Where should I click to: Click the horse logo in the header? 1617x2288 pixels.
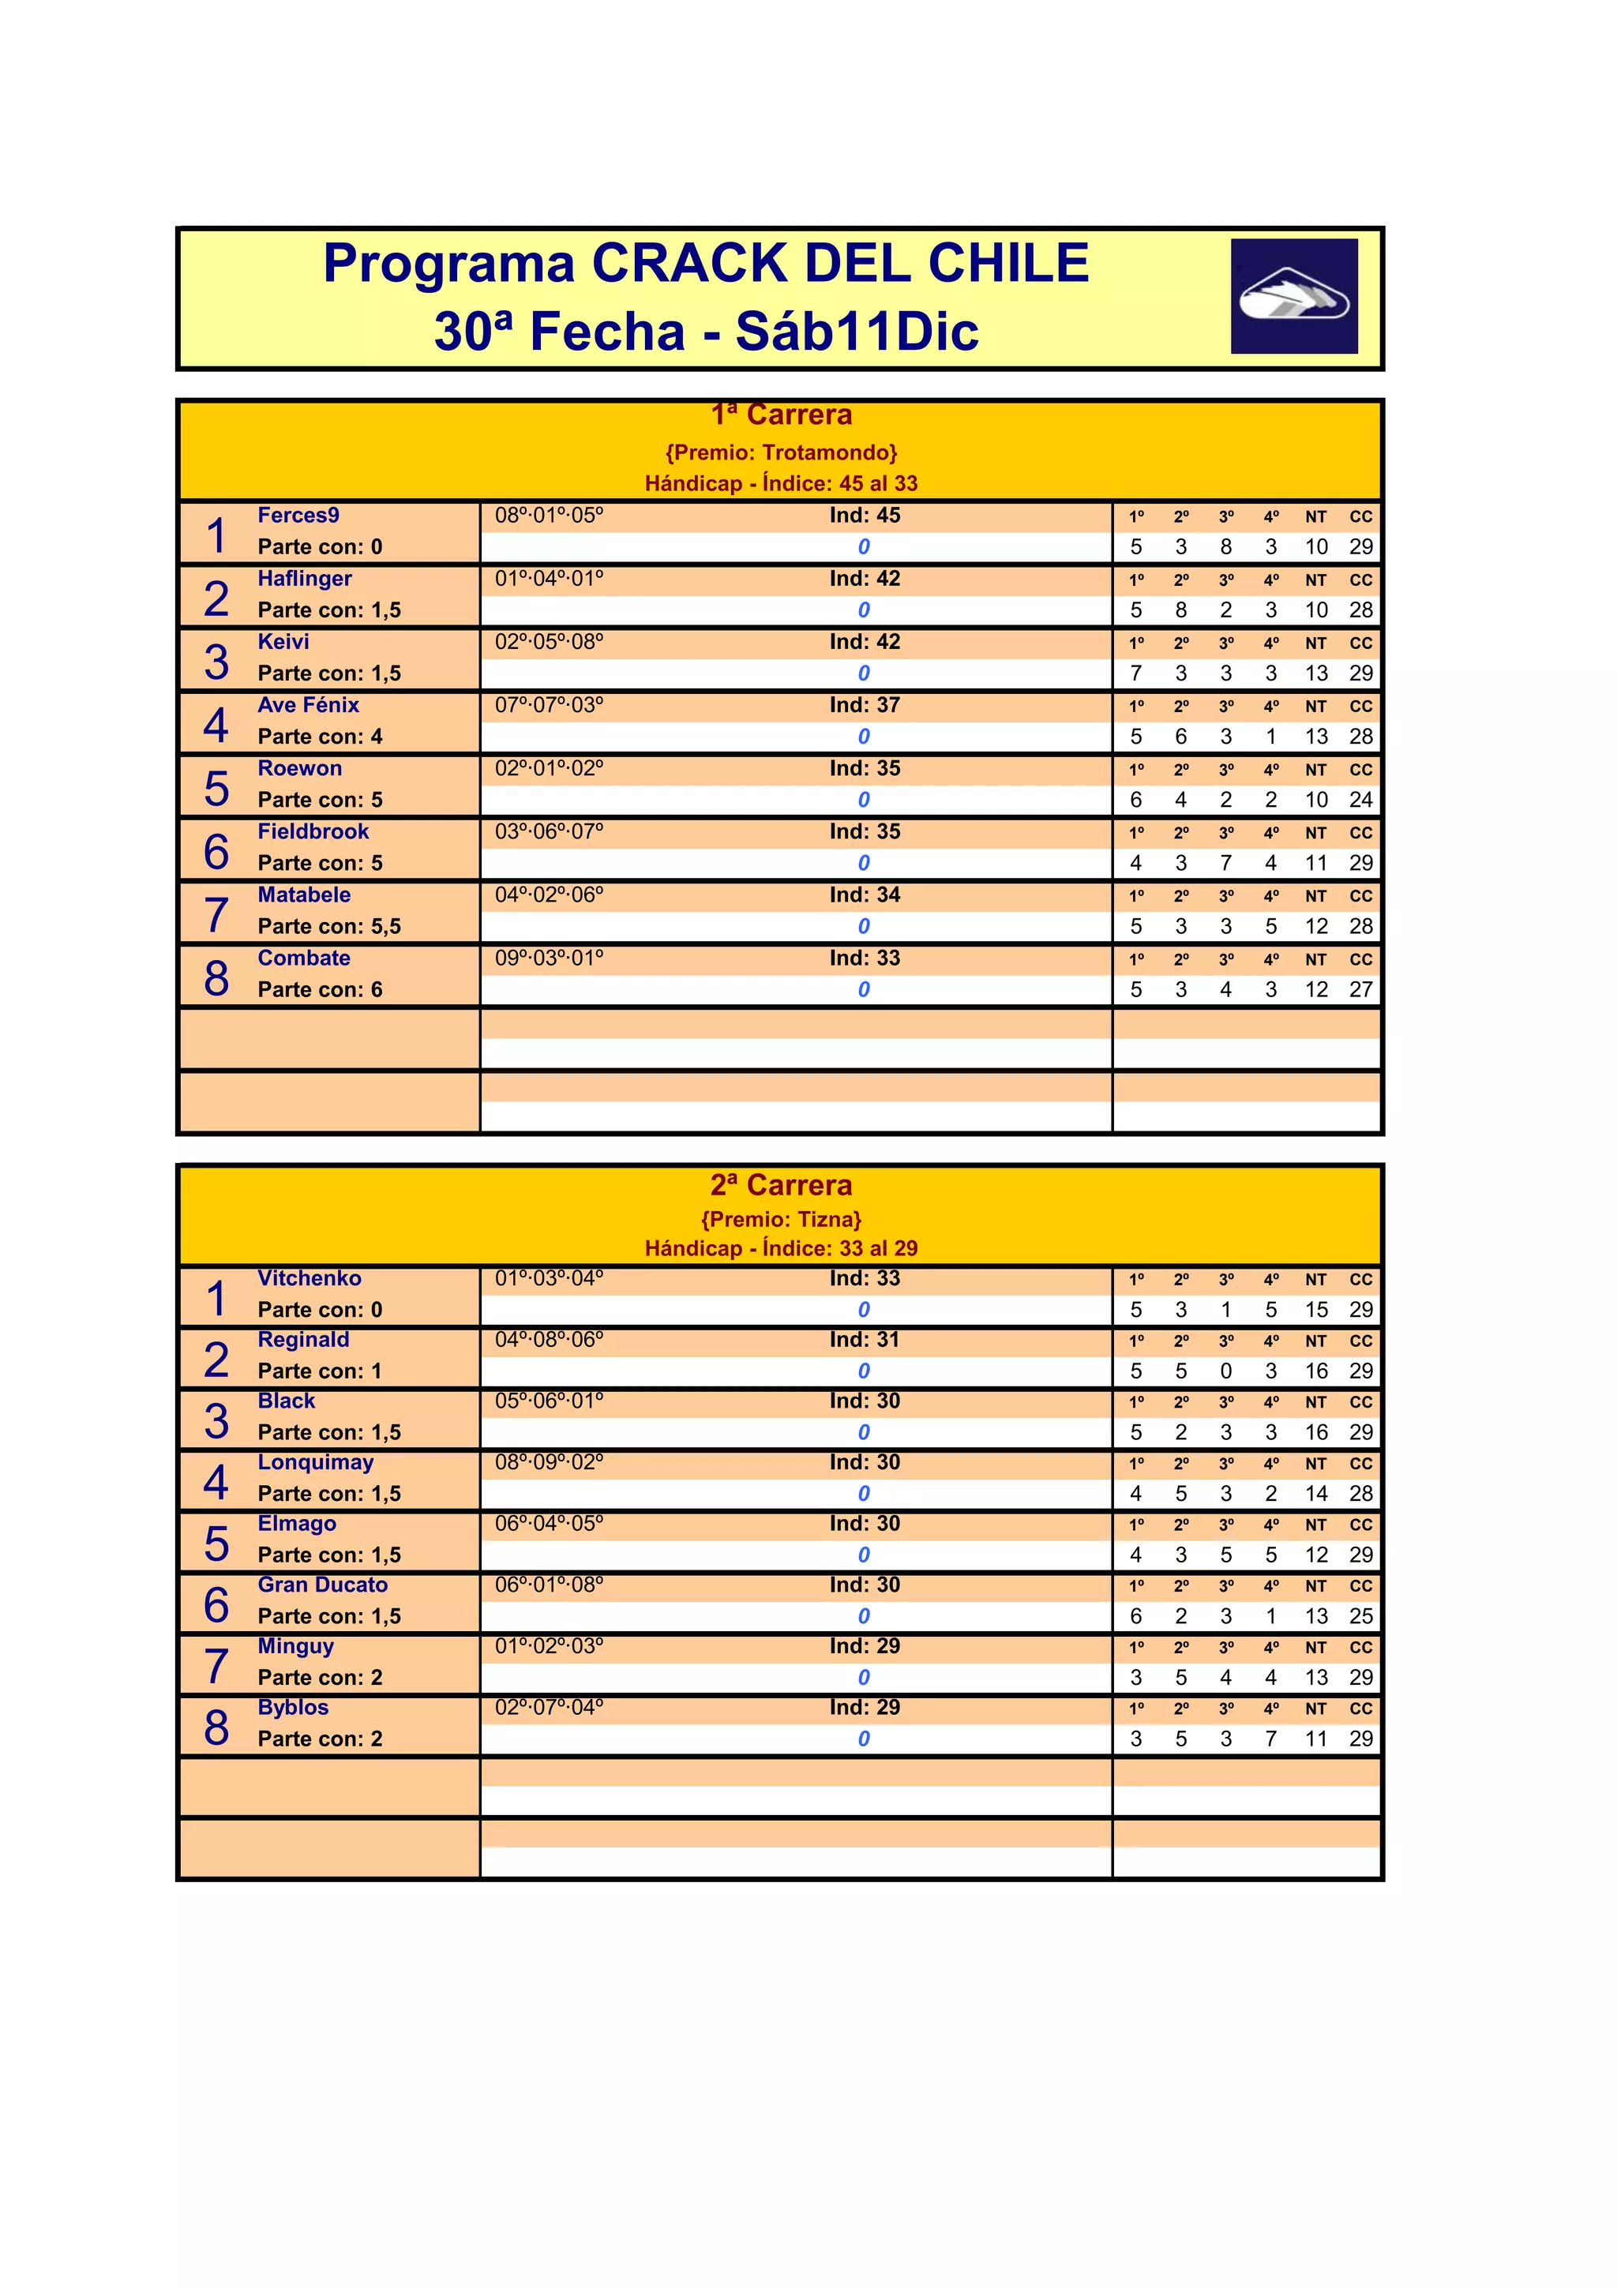pyautogui.click(x=1293, y=296)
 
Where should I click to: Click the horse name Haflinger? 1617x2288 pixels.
pyautogui.click(x=304, y=579)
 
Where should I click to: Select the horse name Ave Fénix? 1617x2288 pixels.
pyautogui.click(x=308, y=706)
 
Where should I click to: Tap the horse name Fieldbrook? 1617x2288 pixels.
pyautogui.click(x=313, y=832)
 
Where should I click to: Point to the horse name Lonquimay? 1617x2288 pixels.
pyautogui.click(x=315, y=1463)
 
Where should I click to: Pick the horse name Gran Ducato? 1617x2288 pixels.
pyautogui.click(x=322, y=1585)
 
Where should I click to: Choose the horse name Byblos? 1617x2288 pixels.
pyautogui.click(x=293, y=1708)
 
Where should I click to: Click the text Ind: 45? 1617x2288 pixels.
pyautogui.click(x=864, y=516)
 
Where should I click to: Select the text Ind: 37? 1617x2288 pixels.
pyautogui.click(x=864, y=706)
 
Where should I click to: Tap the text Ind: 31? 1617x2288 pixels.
pyautogui.click(x=864, y=1341)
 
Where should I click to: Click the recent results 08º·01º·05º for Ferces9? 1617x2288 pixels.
pyautogui.click(x=549, y=516)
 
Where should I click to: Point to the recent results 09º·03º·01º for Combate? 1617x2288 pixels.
pyautogui.click(x=549, y=958)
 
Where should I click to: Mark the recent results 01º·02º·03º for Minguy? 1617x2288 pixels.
pyautogui.click(x=549, y=1647)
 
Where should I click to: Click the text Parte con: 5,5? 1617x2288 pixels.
pyautogui.click(x=328, y=927)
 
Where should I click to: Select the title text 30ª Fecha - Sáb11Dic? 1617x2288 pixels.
pyautogui.click(x=707, y=332)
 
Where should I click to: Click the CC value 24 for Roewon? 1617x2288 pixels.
pyautogui.click(x=1361, y=801)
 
